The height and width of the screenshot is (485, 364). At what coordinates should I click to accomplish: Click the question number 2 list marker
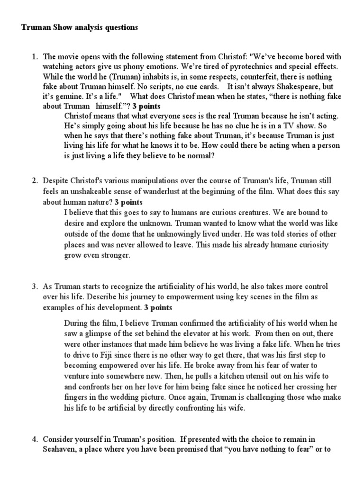35,181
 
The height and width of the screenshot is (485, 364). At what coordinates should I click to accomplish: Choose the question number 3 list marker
35,287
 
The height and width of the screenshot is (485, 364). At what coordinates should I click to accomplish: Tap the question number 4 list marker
35,439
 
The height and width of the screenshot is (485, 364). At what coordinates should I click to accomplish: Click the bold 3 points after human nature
128,202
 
